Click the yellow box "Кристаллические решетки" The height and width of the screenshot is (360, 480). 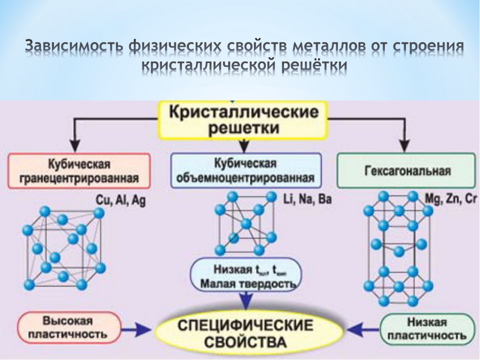click(243, 119)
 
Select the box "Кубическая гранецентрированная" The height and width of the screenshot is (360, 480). click(79, 171)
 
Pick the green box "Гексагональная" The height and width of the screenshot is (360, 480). click(406, 171)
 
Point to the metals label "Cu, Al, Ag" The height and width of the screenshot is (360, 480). click(120, 201)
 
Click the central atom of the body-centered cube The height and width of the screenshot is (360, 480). click(245, 223)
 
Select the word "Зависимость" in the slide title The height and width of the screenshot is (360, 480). click(73, 47)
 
